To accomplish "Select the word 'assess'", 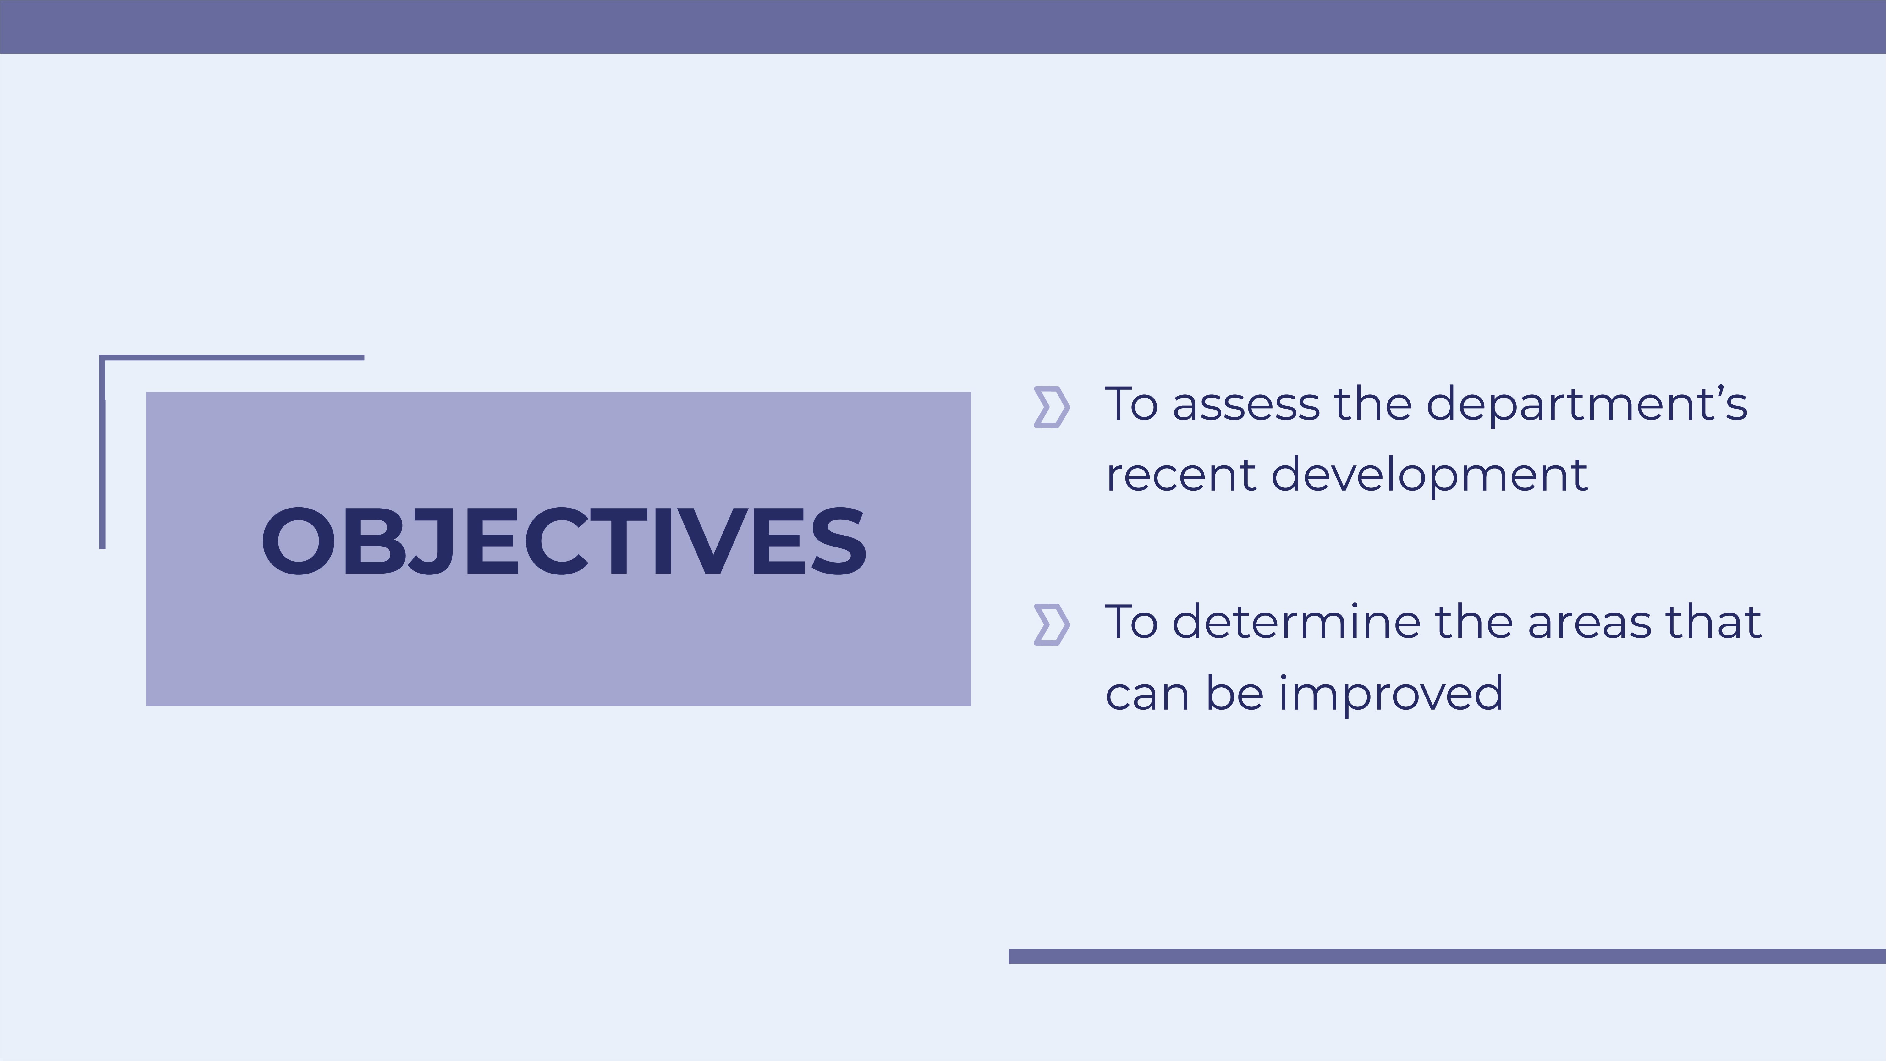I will [x=1246, y=405].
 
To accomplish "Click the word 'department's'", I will [x=1586, y=405].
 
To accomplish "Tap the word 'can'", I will [x=1147, y=694].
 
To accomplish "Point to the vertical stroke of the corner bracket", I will [x=102, y=454].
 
